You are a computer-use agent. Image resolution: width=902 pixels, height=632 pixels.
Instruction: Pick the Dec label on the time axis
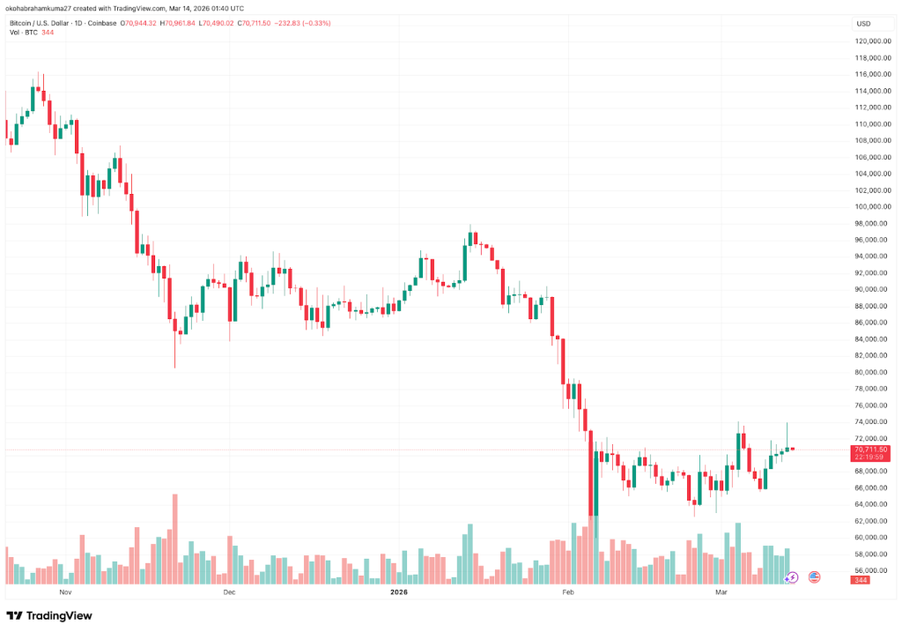[x=229, y=593]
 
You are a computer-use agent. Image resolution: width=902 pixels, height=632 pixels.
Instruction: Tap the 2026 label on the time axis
[x=400, y=593]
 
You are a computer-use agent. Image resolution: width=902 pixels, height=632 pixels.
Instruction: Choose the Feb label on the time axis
[x=568, y=593]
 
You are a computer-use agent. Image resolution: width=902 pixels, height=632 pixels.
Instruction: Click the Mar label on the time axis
[x=721, y=593]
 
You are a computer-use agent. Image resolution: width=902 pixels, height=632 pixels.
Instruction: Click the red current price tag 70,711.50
[x=869, y=450]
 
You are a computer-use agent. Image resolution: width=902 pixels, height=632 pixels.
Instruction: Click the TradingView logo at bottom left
[x=49, y=615]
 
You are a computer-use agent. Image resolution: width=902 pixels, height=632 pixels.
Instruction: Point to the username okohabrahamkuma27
[x=45, y=9]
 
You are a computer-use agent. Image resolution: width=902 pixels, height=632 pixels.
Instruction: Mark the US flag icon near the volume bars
[x=814, y=576]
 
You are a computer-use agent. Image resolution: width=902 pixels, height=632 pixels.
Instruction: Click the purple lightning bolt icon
[x=792, y=576]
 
